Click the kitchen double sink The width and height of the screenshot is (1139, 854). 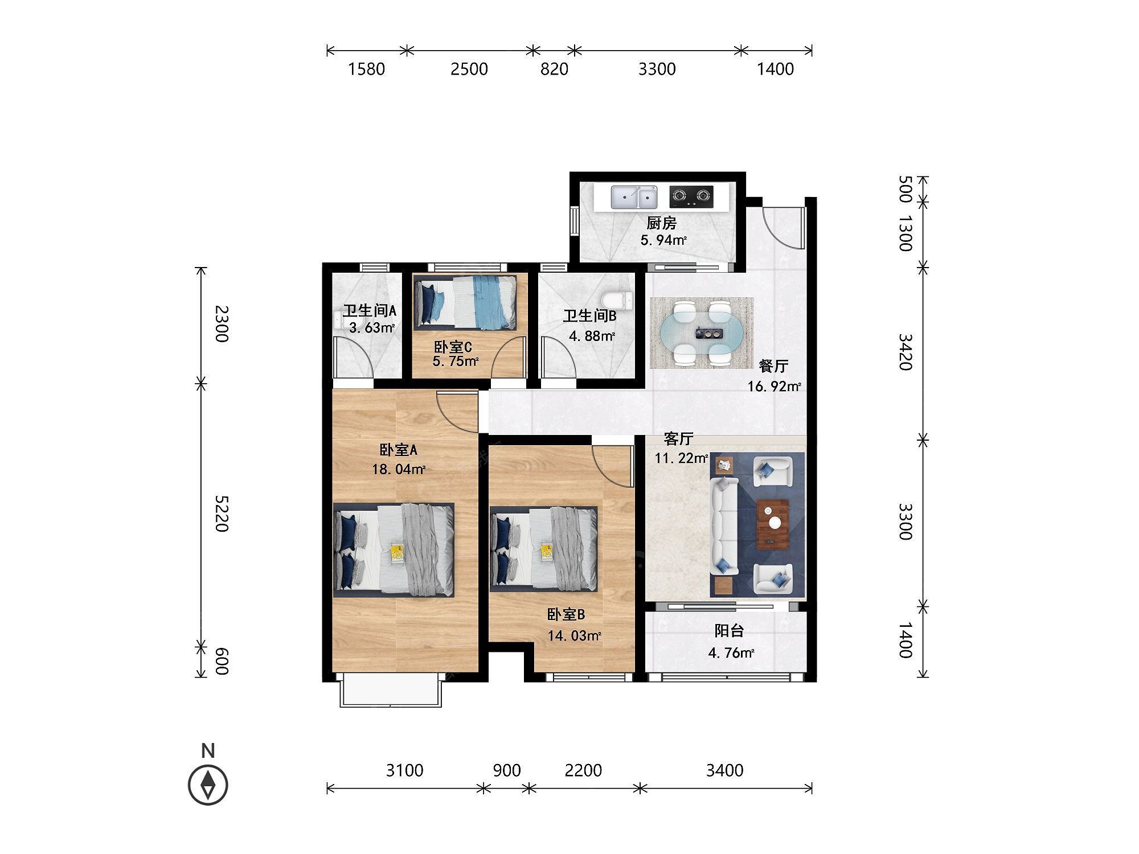(x=634, y=197)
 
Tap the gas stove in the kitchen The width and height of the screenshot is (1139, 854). (x=691, y=196)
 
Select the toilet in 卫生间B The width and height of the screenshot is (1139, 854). (x=616, y=299)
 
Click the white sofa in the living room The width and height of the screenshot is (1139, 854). (x=724, y=526)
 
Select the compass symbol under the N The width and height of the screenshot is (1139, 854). (x=208, y=785)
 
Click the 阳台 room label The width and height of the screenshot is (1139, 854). (x=730, y=631)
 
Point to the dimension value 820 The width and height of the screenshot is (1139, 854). (x=554, y=69)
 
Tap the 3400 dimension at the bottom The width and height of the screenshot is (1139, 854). (x=724, y=770)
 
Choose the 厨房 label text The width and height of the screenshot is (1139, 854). (x=662, y=223)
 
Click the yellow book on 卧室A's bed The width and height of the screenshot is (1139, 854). (x=397, y=551)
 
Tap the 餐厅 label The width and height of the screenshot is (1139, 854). (x=774, y=366)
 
